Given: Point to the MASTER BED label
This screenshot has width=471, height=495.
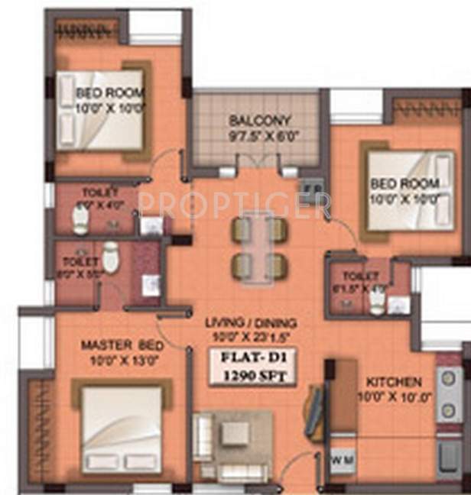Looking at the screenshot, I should tap(112, 345).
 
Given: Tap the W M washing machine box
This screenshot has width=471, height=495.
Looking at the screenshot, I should tap(342, 460).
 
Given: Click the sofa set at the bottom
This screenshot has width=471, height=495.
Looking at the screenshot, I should tap(233, 445).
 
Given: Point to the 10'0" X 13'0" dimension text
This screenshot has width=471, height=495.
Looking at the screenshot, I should tap(113, 359).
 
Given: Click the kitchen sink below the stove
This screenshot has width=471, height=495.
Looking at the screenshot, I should tap(446, 458).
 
